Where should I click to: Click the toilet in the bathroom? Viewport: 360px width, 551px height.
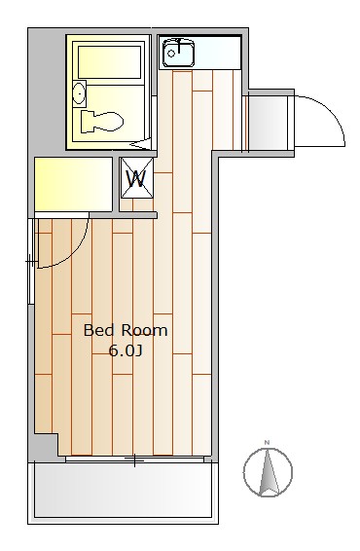tap(101, 122)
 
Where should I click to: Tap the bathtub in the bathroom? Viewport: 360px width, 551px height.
tap(109, 62)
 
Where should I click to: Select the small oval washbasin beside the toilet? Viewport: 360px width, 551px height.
tap(80, 93)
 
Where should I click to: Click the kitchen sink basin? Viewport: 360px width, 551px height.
tap(178, 54)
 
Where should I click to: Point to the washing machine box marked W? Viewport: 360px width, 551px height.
tap(137, 178)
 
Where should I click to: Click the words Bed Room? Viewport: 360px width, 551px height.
tap(126, 331)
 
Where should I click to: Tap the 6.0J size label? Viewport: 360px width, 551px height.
tap(126, 350)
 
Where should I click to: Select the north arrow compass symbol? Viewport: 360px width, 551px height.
tap(268, 472)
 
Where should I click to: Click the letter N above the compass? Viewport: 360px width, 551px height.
tap(267, 442)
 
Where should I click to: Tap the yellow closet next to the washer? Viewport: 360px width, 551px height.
tap(73, 184)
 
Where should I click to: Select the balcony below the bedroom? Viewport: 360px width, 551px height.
tap(123, 493)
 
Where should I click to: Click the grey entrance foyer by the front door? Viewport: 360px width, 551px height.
tap(268, 123)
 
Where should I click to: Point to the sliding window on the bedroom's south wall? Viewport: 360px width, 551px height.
tap(134, 459)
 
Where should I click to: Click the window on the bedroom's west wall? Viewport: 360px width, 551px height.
tap(31, 261)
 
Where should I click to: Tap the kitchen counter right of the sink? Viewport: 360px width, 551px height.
tap(218, 53)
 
